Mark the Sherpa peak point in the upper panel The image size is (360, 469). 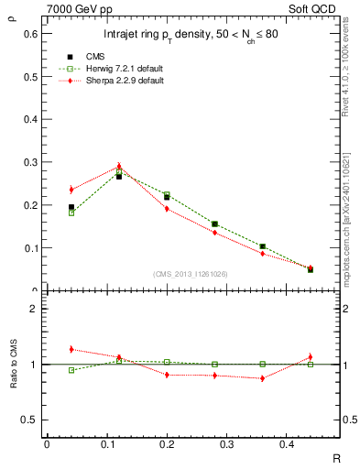pos(119,167)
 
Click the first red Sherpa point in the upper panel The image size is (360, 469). pos(71,190)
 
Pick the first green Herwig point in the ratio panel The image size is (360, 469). pos(71,370)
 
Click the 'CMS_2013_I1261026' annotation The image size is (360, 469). pos(190,274)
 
